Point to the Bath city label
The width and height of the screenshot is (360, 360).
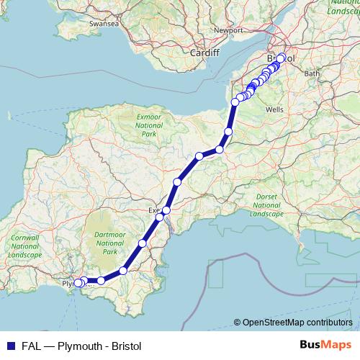click(x=312, y=73)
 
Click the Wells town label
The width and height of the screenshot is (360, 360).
click(x=274, y=109)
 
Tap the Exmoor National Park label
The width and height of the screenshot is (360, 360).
click(x=149, y=125)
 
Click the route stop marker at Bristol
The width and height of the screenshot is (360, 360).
click(x=281, y=59)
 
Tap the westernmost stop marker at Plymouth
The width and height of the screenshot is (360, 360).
click(x=78, y=283)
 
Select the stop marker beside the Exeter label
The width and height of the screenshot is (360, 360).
click(x=166, y=210)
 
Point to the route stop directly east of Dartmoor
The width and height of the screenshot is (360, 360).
click(x=143, y=243)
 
